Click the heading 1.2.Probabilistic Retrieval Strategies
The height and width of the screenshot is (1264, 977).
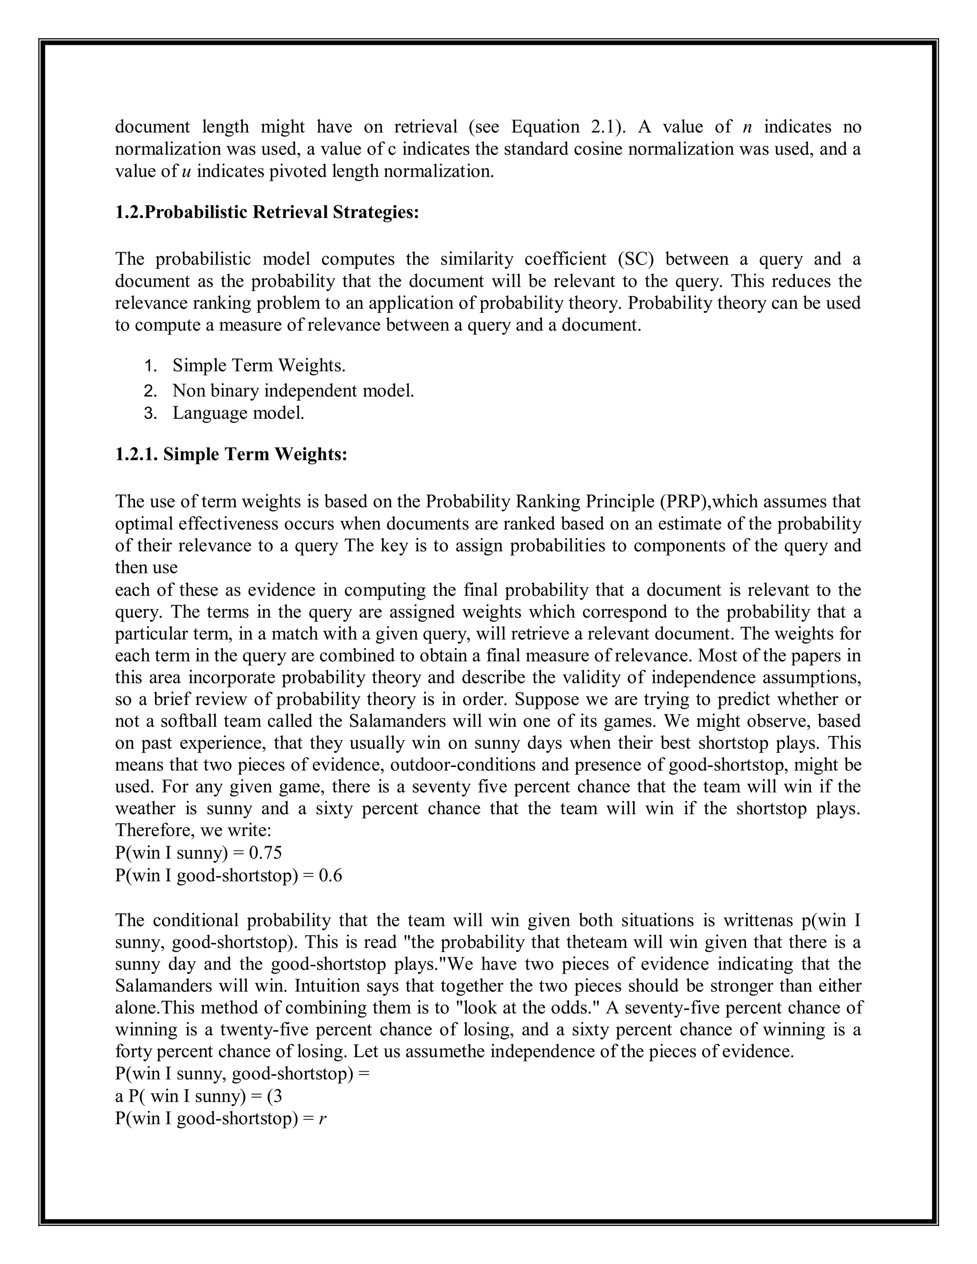(266, 212)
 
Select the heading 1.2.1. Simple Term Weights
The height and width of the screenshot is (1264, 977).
(231, 454)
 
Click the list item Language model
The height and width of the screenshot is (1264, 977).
(238, 413)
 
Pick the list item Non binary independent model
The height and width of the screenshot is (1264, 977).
(293, 391)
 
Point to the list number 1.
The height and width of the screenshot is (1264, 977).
(150, 366)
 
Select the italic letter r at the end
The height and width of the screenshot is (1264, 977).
(322, 1119)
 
